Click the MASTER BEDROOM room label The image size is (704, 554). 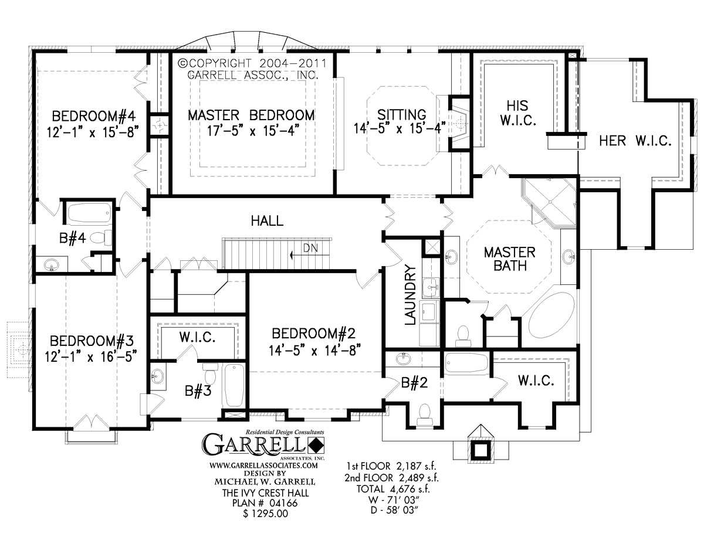251,115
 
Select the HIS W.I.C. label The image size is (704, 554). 517,114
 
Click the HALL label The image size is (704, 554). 267,221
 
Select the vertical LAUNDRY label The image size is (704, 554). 410,295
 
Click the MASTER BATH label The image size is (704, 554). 509,259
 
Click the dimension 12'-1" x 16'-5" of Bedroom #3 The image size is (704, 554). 93,356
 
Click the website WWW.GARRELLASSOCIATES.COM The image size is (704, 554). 263,465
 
